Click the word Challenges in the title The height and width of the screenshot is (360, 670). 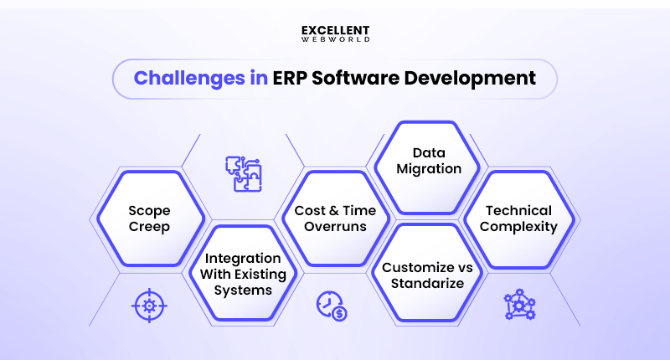186,79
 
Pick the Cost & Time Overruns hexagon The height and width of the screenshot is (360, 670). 335,219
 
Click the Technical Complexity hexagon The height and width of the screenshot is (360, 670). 519,219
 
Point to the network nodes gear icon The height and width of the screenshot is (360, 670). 519,306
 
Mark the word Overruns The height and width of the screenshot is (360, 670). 335,227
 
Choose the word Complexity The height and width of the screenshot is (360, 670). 519,227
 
